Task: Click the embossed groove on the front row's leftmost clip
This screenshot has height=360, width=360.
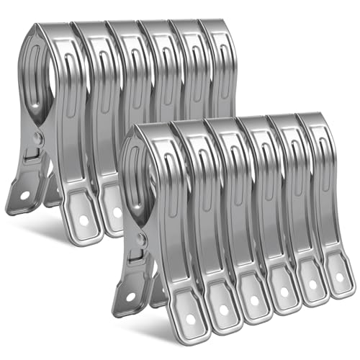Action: pos(157,180)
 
